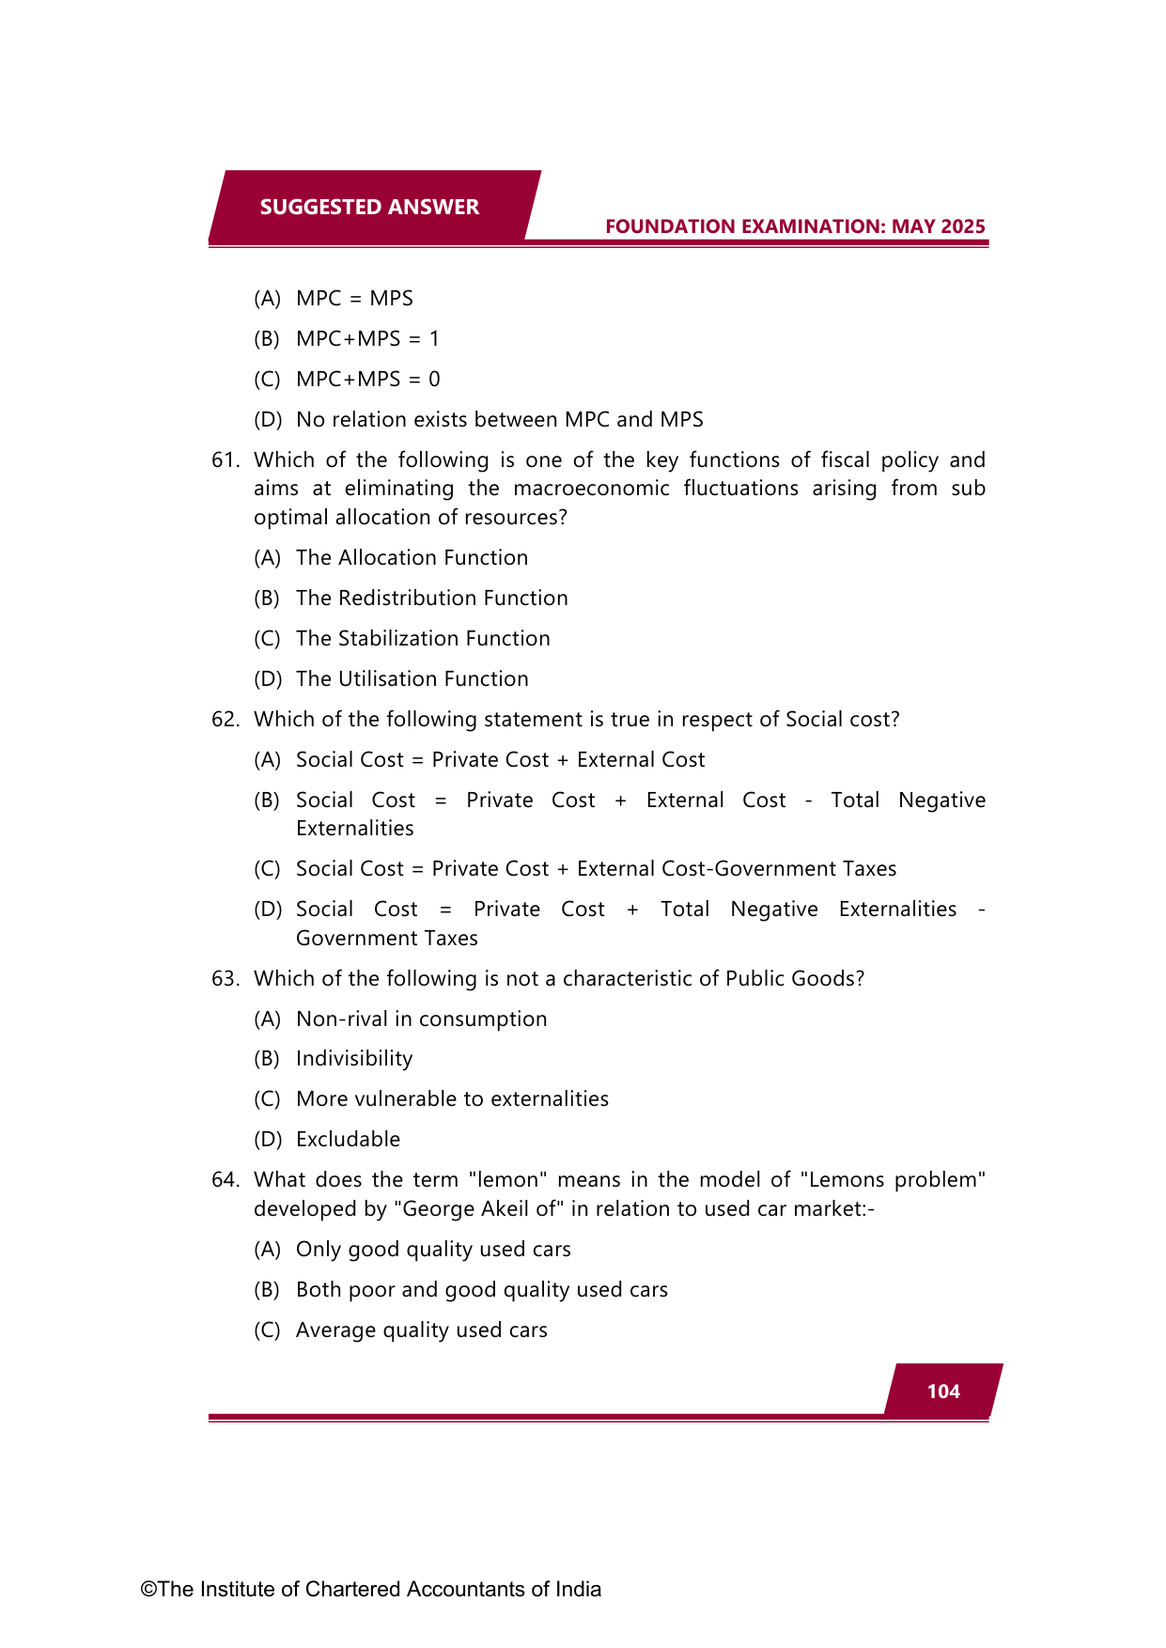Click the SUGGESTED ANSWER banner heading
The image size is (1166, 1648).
(369, 207)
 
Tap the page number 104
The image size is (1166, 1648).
(943, 1391)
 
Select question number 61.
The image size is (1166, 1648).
(225, 460)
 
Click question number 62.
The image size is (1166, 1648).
(225, 720)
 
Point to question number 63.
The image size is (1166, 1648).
(225, 979)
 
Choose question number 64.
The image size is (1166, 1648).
(225, 1180)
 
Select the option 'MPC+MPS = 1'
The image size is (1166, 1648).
(367, 339)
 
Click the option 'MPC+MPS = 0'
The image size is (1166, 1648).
(367, 380)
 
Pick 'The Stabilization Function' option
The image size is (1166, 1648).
(423, 639)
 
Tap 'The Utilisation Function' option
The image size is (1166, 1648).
(412, 679)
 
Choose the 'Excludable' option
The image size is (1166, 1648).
(348, 1140)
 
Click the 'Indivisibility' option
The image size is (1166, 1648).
(354, 1059)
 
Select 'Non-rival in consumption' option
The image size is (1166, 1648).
(421, 1019)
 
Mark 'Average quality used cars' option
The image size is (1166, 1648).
(421, 1330)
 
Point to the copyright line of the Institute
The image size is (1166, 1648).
(371, 1589)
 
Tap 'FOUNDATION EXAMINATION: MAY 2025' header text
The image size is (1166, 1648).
(795, 226)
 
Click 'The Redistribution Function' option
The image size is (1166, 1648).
(431, 599)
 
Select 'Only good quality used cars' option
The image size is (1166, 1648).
(433, 1250)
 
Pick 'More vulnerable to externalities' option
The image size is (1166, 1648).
(452, 1099)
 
